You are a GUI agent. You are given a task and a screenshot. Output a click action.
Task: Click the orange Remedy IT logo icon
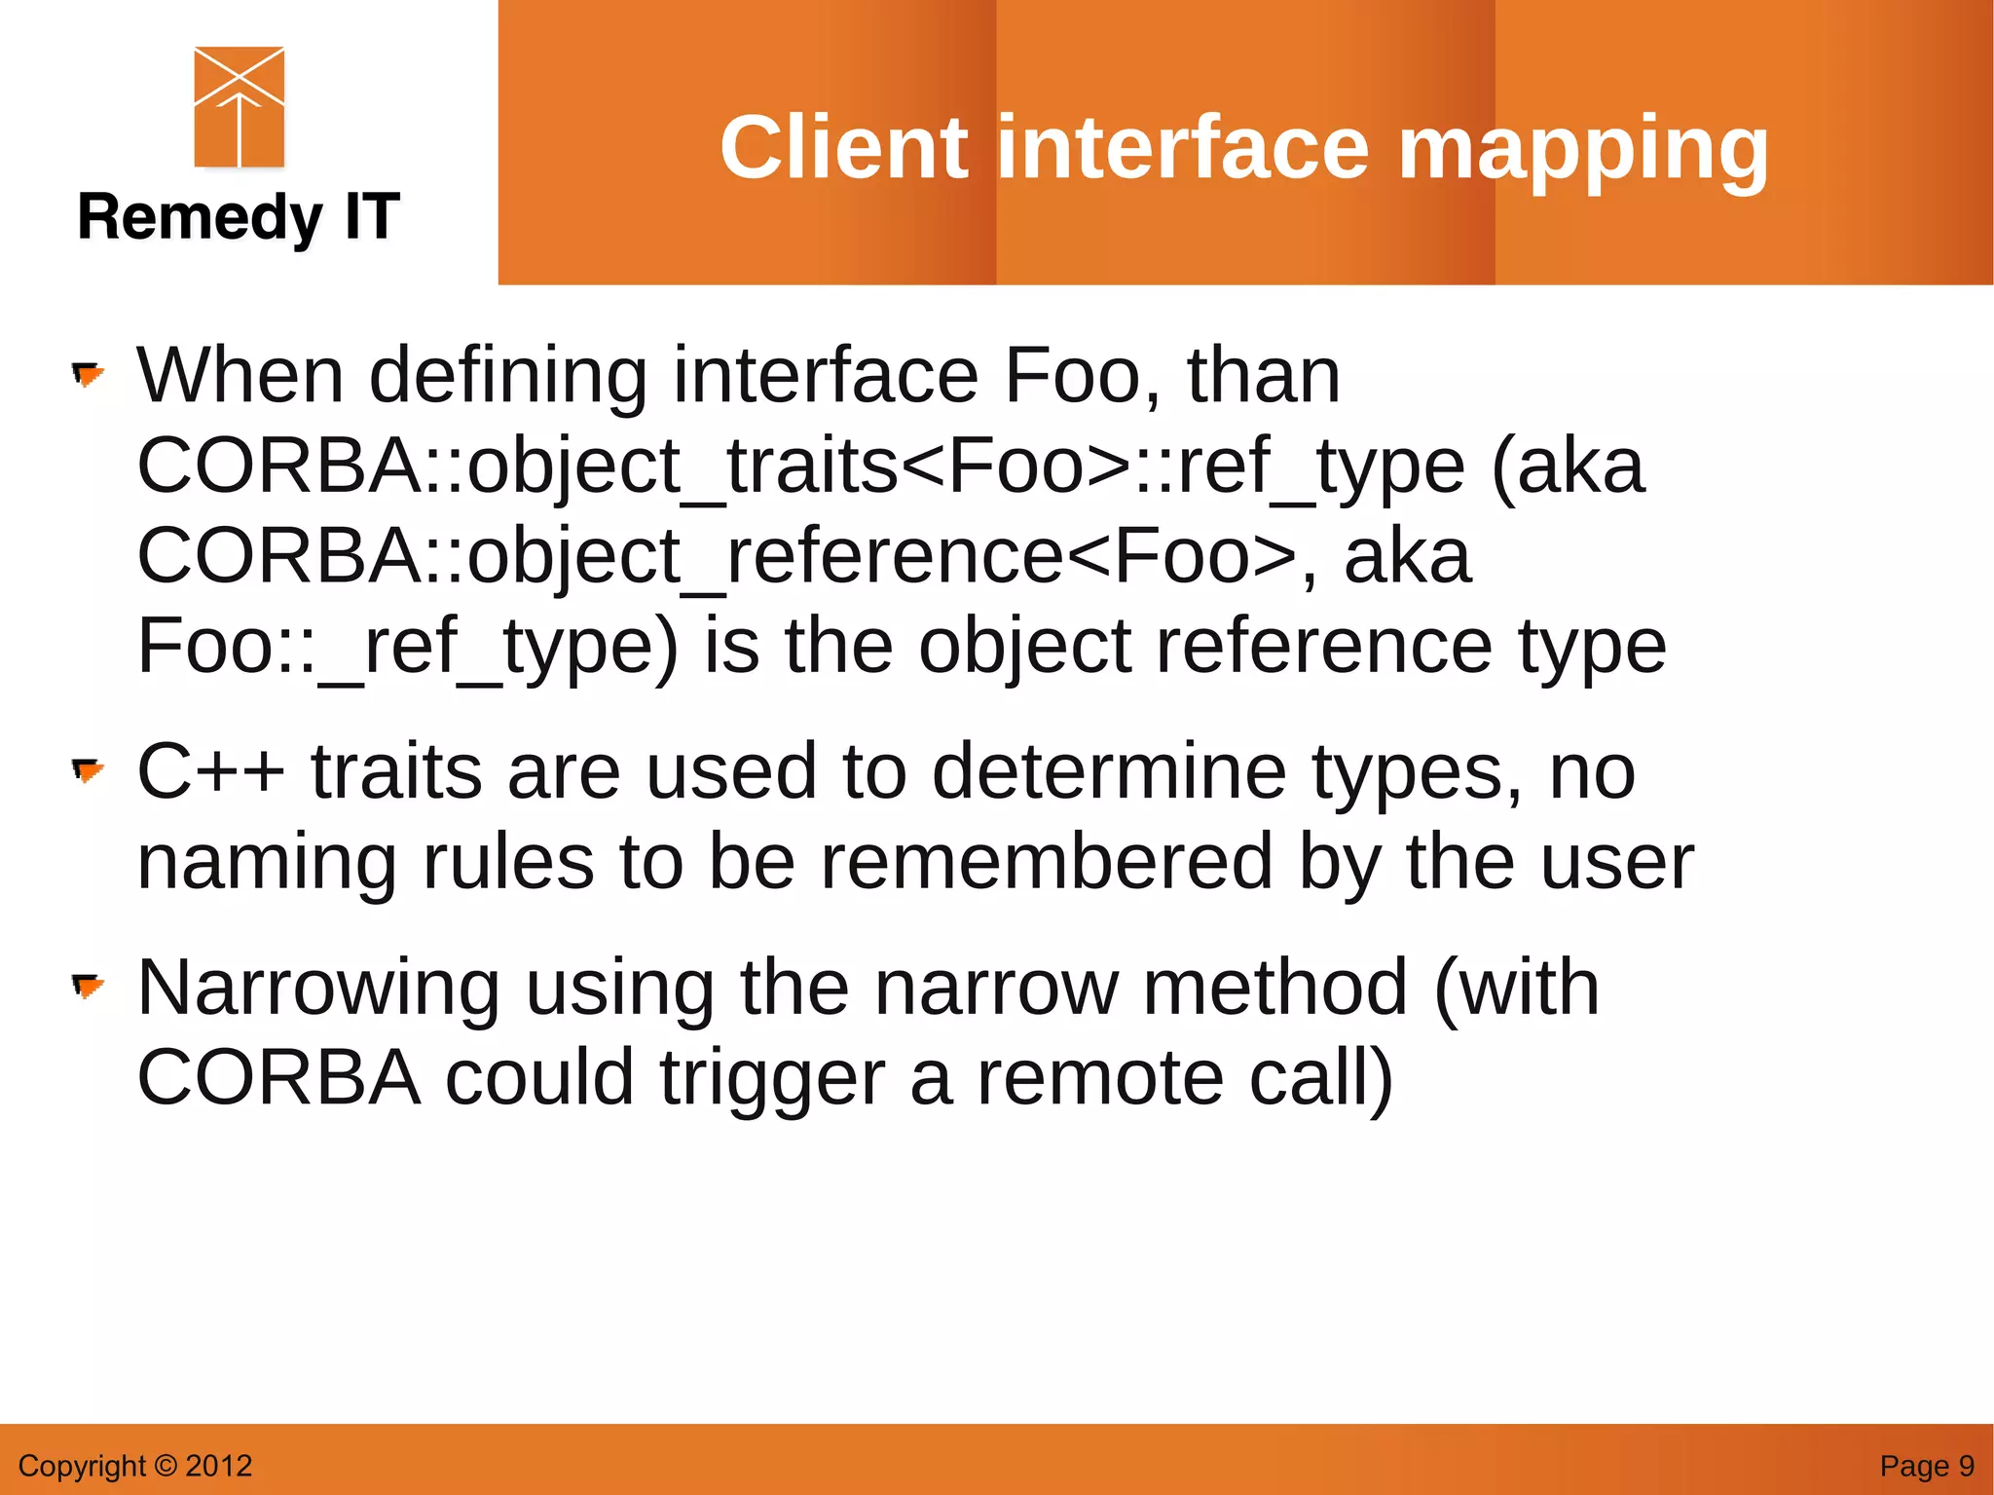point(239,107)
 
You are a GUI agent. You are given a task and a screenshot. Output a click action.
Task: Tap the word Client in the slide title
point(843,148)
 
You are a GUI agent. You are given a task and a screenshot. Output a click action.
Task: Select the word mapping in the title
point(1583,148)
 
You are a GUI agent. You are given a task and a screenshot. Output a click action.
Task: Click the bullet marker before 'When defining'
point(88,374)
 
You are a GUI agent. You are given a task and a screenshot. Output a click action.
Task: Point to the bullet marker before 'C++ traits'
point(88,771)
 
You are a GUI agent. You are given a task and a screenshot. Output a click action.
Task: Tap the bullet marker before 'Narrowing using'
point(88,987)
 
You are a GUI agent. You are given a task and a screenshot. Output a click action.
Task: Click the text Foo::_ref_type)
point(407,647)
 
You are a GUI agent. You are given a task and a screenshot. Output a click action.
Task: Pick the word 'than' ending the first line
point(1263,376)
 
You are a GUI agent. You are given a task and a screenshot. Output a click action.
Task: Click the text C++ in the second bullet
point(210,772)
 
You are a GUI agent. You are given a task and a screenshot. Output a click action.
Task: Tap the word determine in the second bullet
point(1109,772)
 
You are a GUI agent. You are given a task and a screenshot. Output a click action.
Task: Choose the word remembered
point(1046,862)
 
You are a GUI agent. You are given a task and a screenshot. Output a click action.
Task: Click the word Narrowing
point(317,989)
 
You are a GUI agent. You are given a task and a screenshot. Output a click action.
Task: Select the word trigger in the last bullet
point(772,1079)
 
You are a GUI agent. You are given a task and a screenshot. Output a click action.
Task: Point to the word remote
point(1099,1079)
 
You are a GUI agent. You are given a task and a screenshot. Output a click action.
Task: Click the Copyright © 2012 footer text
point(135,1466)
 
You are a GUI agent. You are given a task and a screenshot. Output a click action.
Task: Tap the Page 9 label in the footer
point(1926,1466)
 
